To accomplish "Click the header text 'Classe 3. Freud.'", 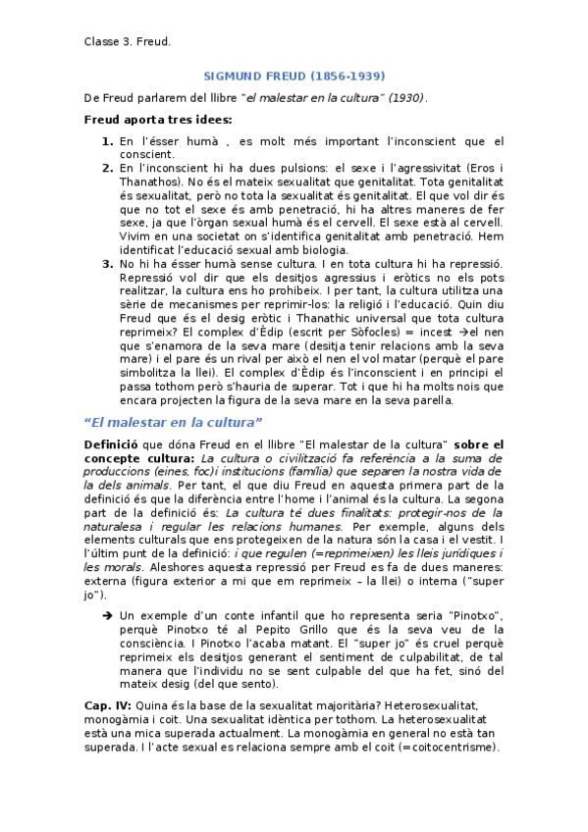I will [127, 41].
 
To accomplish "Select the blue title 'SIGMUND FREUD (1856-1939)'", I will [294, 76].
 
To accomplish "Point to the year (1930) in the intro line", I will [406, 98].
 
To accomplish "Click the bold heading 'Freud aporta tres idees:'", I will [157, 120].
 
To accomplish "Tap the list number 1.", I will [107, 142].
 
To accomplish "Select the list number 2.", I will [107, 168].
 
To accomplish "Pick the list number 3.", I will [107, 265].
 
